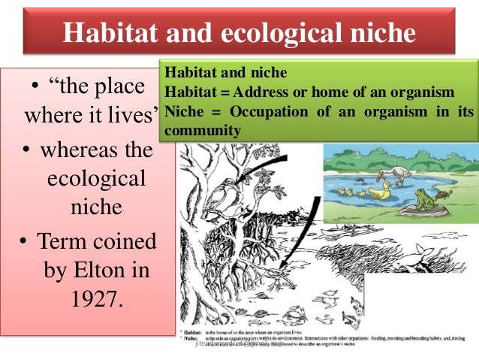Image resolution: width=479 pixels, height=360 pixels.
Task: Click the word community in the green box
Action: point(203,129)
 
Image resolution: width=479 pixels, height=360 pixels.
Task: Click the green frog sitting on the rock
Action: point(427,199)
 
